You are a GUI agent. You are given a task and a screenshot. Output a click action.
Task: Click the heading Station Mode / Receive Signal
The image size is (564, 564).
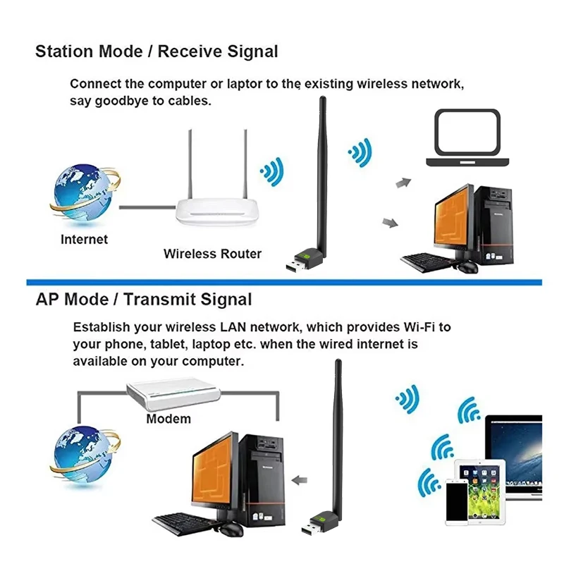(x=157, y=51)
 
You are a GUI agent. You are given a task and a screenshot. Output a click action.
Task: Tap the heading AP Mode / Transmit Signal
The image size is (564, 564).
(x=143, y=299)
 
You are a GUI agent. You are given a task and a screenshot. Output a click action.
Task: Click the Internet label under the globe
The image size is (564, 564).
(x=84, y=240)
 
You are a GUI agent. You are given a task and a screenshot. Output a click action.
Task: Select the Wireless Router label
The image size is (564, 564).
(x=212, y=254)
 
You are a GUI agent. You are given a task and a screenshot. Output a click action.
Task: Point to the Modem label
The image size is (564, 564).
(x=168, y=419)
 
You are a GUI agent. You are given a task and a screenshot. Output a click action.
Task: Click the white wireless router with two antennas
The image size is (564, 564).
(x=216, y=209)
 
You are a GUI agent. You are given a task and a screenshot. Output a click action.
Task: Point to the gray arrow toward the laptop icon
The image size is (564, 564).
(x=403, y=183)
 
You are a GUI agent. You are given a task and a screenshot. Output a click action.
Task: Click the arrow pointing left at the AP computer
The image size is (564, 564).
(x=300, y=481)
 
